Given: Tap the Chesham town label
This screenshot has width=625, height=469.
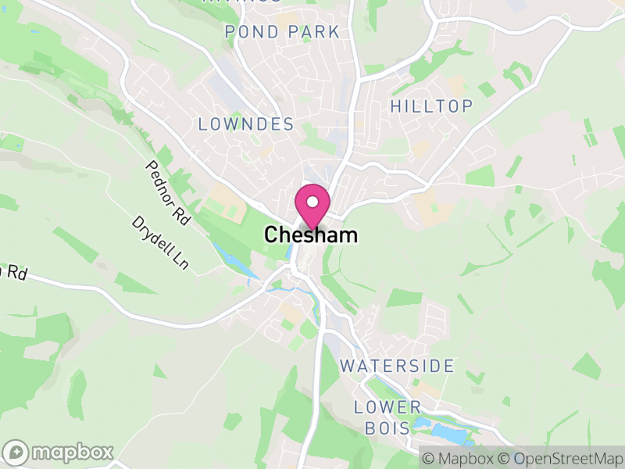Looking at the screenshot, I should [x=311, y=234].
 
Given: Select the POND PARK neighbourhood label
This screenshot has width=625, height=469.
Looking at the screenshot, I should [x=282, y=32].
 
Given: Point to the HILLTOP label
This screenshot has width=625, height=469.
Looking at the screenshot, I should [x=431, y=106].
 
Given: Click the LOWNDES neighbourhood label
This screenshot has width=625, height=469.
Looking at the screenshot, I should [x=246, y=124].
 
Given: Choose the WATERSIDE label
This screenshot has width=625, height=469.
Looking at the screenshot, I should [x=397, y=366].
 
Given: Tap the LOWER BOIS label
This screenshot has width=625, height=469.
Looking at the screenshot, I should [x=387, y=417].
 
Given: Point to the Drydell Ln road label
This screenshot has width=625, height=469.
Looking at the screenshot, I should [x=160, y=243].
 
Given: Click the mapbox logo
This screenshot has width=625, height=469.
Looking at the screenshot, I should [x=59, y=452].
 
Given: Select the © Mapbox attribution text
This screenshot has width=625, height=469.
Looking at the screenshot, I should [x=459, y=456].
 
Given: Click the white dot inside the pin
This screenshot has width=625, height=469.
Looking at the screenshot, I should [x=312, y=202].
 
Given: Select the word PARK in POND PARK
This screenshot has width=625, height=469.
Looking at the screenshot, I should [x=312, y=32].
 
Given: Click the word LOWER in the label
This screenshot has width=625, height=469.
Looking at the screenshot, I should [x=387, y=407].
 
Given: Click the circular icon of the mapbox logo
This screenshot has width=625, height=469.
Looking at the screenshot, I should [x=16, y=452].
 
